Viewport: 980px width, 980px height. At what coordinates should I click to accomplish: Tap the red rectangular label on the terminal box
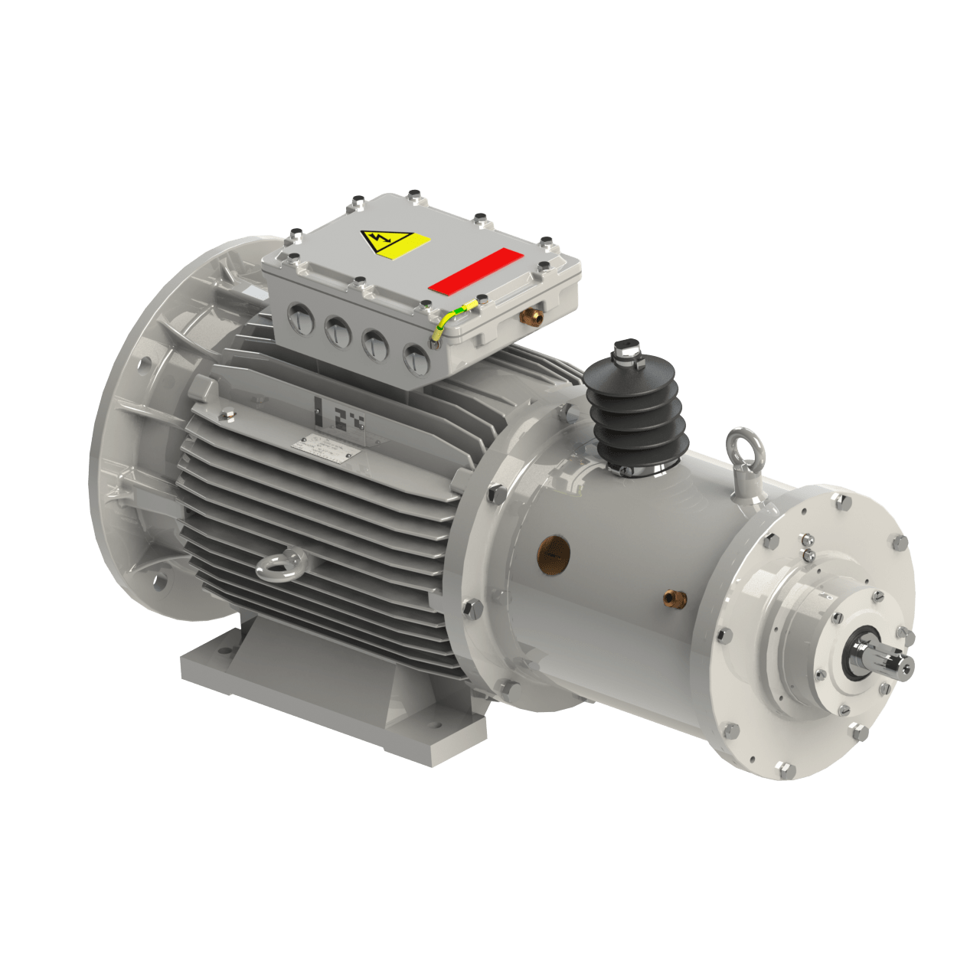475,269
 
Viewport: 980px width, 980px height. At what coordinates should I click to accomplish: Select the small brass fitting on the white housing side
671,596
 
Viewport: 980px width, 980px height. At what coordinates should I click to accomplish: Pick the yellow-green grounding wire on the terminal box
452,318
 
